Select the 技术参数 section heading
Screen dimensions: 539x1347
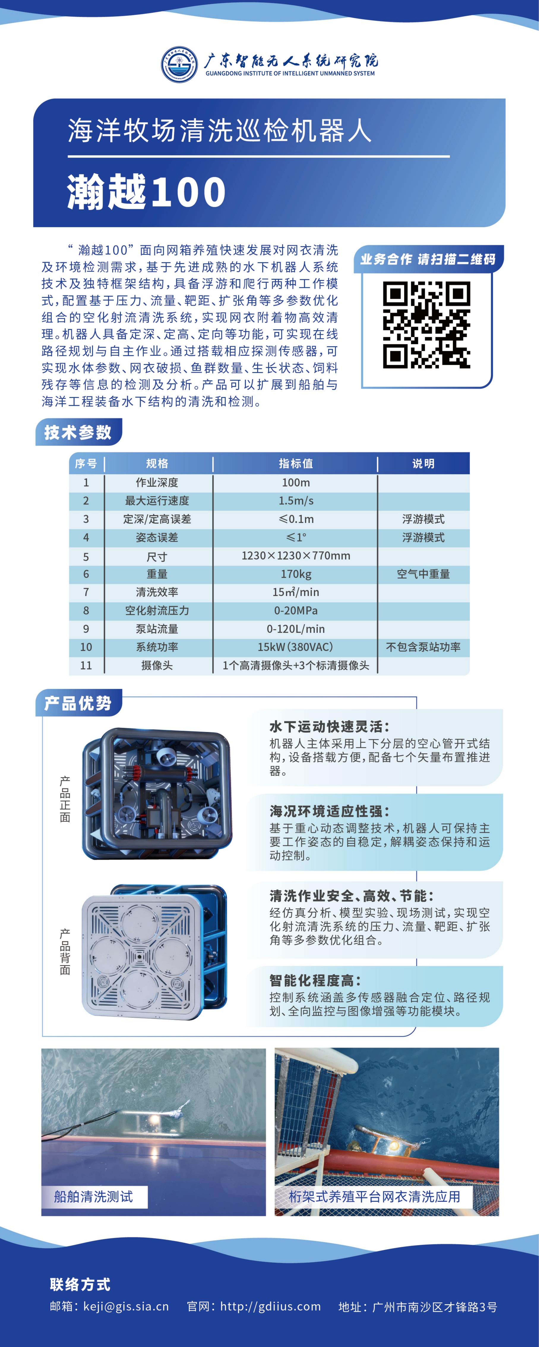(x=78, y=432)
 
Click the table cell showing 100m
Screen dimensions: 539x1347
(x=296, y=482)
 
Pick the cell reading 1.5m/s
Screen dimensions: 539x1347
(x=296, y=500)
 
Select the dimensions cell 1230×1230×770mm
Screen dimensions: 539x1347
(x=296, y=555)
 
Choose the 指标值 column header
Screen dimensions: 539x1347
(x=296, y=463)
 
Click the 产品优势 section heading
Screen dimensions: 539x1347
(x=78, y=703)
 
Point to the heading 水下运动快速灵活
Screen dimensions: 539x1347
(x=329, y=726)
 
